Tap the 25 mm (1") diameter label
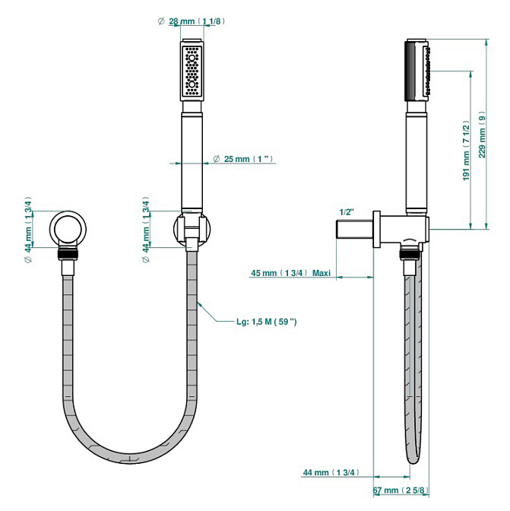point(250,159)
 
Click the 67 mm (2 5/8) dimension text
point(402,490)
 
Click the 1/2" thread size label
point(347,212)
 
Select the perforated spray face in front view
point(192,71)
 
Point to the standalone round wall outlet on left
point(70,230)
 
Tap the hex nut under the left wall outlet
point(70,256)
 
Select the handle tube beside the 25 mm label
point(192,160)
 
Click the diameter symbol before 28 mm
point(161,21)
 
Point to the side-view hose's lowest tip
point(416,462)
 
